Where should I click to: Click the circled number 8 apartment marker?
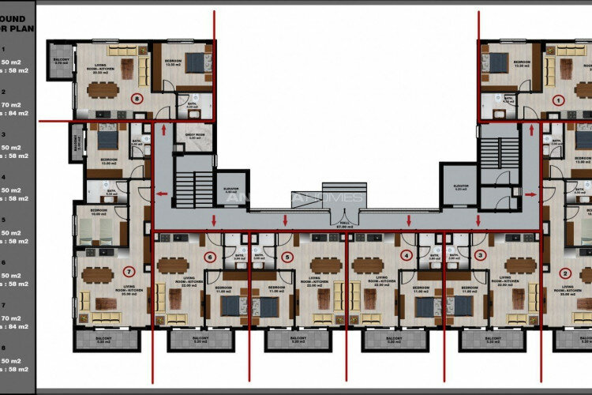pyautogui.click(x=137, y=100)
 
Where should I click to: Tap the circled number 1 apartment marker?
pyautogui.click(x=558, y=100)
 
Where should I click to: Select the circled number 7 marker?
pyautogui.click(x=129, y=273)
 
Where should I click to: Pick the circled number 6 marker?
pyautogui.click(x=210, y=256)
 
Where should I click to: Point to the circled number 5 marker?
pyautogui.click(x=287, y=256)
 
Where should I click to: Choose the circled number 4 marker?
pyautogui.click(x=406, y=255)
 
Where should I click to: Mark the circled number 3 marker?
pyautogui.click(x=481, y=255)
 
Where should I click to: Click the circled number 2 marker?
pyautogui.click(x=564, y=273)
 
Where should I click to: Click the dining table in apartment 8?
pyautogui.click(x=103, y=89)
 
